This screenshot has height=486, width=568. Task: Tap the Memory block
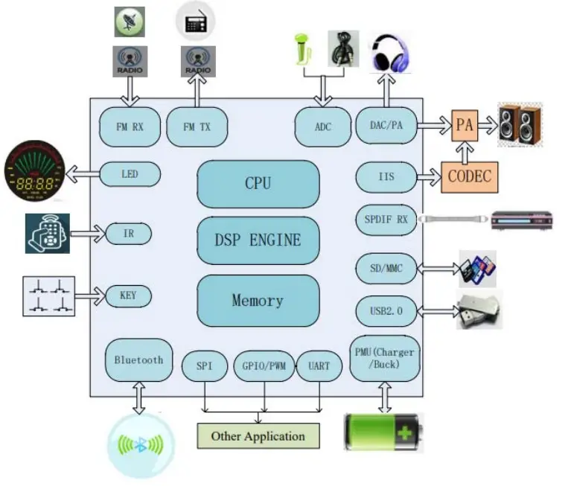pyautogui.click(x=258, y=301)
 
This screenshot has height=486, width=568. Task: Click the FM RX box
pyautogui.click(x=130, y=127)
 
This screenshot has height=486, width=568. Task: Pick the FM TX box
pyautogui.click(x=197, y=127)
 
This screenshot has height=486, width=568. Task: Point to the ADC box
pyautogui.click(x=323, y=127)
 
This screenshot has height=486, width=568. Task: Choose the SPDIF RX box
pyautogui.click(x=386, y=219)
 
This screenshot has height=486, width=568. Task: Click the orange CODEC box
pyautogui.click(x=470, y=177)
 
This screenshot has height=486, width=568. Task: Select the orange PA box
pyautogui.click(x=465, y=126)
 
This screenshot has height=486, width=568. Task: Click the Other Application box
pyautogui.click(x=258, y=436)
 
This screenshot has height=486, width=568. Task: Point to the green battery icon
pyautogui.click(x=383, y=432)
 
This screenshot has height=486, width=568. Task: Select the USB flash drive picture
pyautogui.click(x=479, y=309)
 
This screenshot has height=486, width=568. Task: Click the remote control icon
pyautogui.click(x=47, y=234)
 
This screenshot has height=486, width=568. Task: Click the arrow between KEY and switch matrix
pyautogui.click(x=91, y=296)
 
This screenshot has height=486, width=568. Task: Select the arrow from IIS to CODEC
pyautogui.click(x=429, y=177)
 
